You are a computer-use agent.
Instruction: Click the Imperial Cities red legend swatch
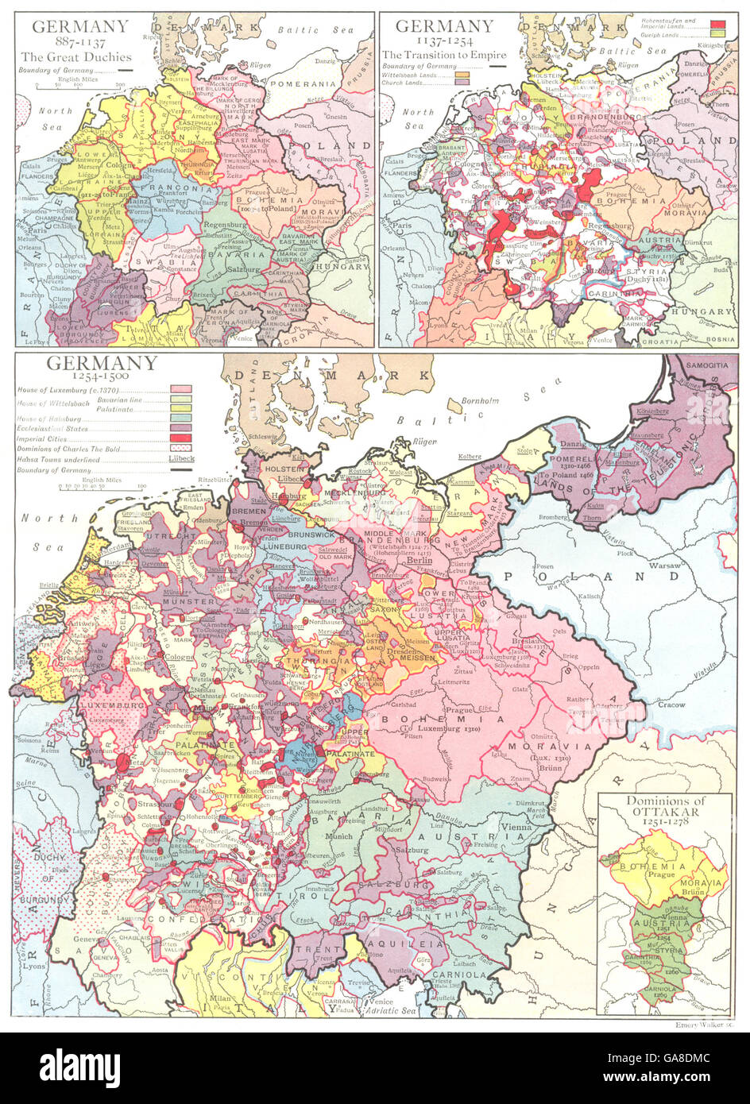[180, 438]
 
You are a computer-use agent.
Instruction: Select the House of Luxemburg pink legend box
[180, 389]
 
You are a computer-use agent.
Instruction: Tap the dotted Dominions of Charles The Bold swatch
[180, 449]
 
